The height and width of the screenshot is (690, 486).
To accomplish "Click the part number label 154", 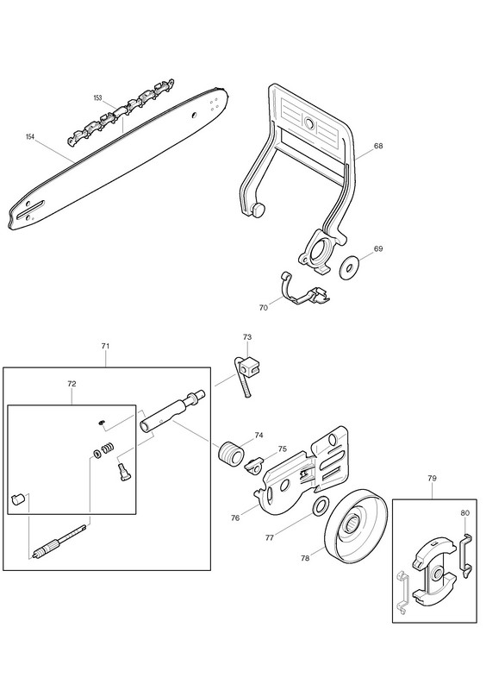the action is click(x=30, y=137).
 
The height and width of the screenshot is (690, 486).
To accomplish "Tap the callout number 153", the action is click(x=97, y=97).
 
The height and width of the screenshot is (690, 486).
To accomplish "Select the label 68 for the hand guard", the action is click(x=378, y=146).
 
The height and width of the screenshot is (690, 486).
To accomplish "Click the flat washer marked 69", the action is click(x=349, y=267).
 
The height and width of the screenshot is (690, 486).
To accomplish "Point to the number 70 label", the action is click(x=263, y=308).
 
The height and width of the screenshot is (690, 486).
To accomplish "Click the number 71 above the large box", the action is click(x=105, y=347).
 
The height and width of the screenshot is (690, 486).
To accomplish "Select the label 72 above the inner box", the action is click(x=72, y=384).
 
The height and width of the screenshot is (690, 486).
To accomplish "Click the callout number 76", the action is click(x=235, y=518).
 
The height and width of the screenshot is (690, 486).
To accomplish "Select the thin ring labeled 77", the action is click(x=320, y=505).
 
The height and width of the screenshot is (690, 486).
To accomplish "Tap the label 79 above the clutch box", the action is click(x=432, y=478).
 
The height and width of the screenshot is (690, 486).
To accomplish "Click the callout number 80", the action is click(x=465, y=512).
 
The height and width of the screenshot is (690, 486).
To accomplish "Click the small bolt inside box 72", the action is click(x=122, y=471).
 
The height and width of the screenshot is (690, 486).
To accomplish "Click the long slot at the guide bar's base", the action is click(x=32, y=209).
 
